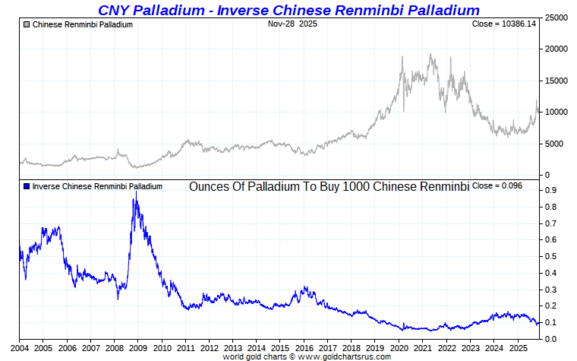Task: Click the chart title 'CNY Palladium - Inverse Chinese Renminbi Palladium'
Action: point(288,10)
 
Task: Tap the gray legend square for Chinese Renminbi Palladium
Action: point(27,25)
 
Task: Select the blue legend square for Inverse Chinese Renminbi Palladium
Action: point(27,186)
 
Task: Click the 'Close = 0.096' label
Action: point(497,185)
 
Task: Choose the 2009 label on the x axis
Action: point(137,347)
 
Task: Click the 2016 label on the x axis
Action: point(304,347)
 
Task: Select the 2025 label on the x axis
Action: point(518,347)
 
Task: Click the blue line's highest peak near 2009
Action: point(135,199)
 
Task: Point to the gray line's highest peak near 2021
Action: point(431,54)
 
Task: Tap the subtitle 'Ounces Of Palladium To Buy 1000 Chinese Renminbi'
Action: point(329,186)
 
